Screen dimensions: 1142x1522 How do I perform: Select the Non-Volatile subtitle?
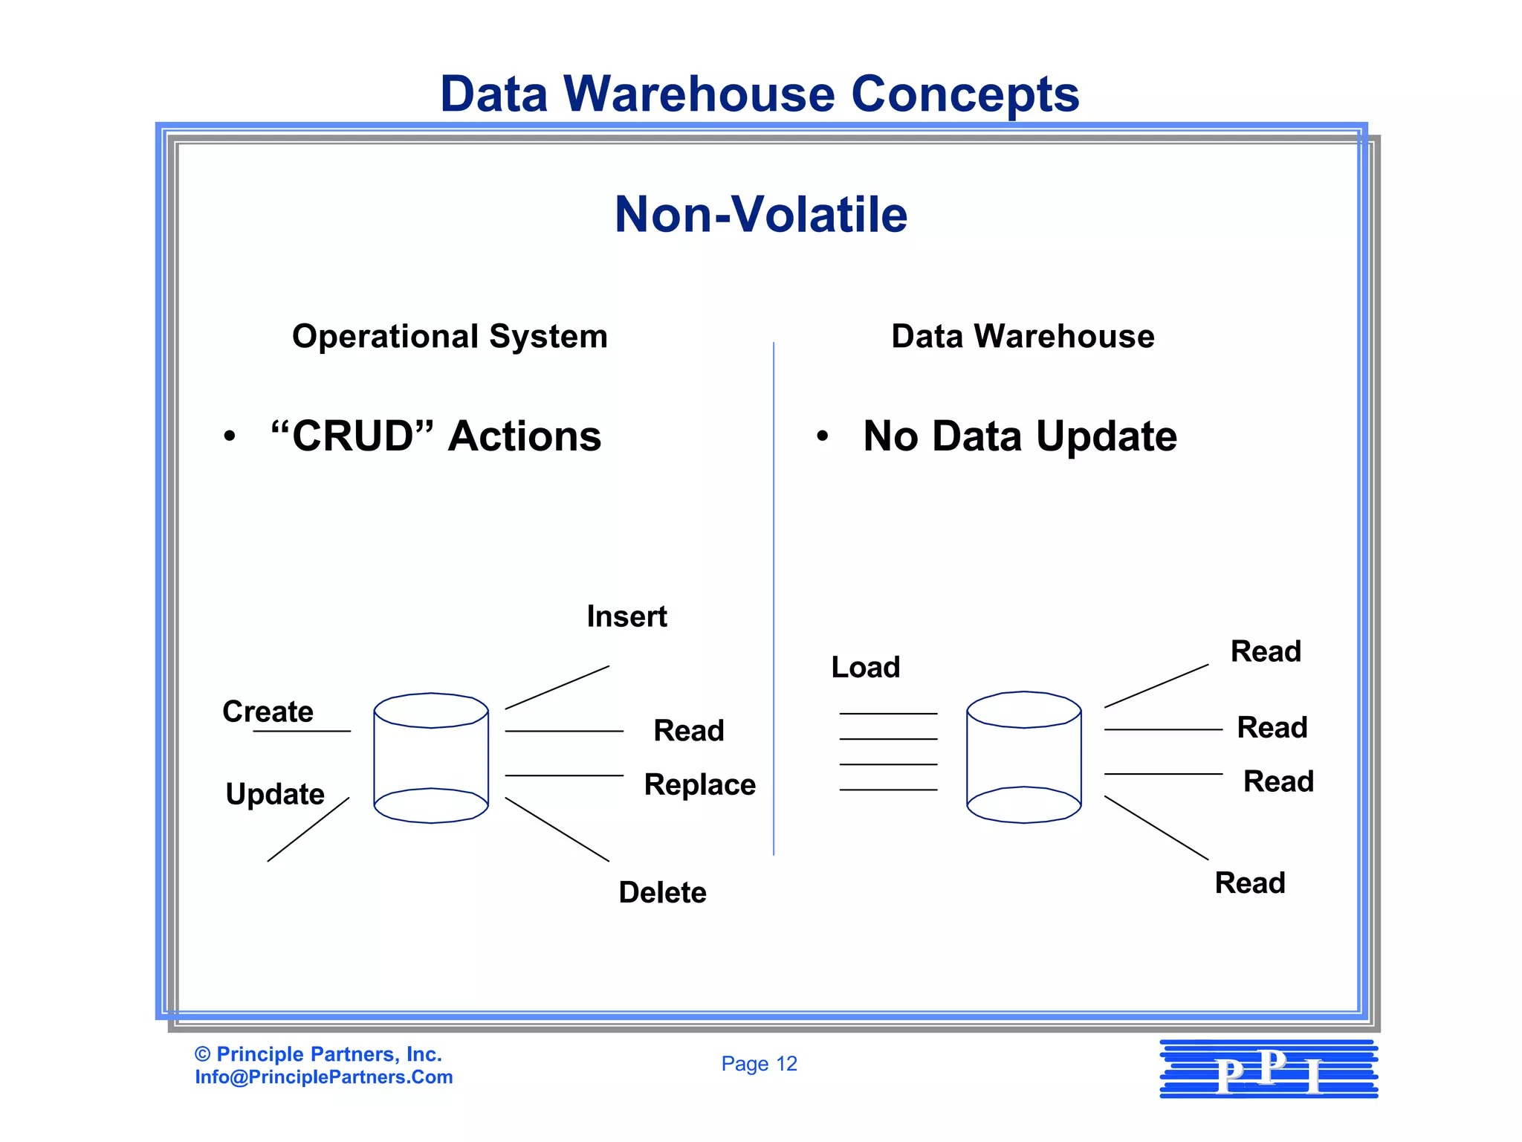pyautogui.click(x=761, y=215)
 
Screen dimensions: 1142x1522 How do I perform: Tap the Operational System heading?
pyautogui.click(x=450, y=336)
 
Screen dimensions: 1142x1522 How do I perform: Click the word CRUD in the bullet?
pyautogui.click(x=352, y=436)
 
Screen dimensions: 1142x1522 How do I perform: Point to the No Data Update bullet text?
pyautogui.click(x=1020, y=436)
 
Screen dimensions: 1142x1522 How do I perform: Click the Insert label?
pyautogui.click(x=626, y=616)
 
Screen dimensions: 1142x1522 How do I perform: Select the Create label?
pyautogui.click(x=268, y=712)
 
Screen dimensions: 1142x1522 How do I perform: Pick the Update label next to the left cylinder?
pyautogui.click(x=275, y=794)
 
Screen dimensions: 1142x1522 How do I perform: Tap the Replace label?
pyautogui.click(x=699, y=784)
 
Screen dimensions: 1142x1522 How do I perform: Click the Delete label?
pyautogui.click(x=662, y=892)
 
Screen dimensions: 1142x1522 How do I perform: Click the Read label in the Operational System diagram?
pyautogui.click(x=688, y=730)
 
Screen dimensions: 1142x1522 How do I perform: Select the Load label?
pyautogui.click(x=865, y=667)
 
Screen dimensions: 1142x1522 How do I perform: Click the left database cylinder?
pyautogui.click(x=431, y=758)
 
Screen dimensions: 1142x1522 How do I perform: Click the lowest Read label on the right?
pyautogui.click(x=1249, y=883)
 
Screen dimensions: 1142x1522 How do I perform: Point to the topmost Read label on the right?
pyautogui.click(x=1266, y=651)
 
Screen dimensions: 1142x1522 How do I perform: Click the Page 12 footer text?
pyautogui.click(x=759, y=1064)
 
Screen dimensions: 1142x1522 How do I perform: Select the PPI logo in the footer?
pyautogui.click(x=1269, y=1069)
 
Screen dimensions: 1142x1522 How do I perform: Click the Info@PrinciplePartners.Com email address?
pyautogui.click(x=324, y=1077)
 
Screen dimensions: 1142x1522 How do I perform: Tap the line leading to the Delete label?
pyautogui.click(x=557, y=829)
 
